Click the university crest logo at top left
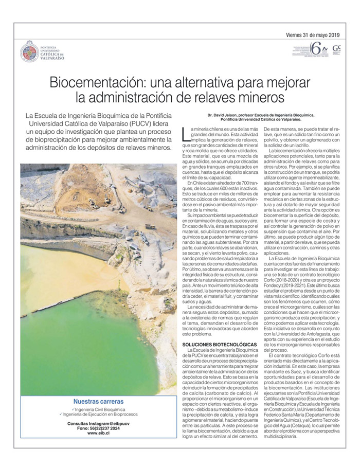click(29, 51)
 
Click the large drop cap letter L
click(186, 134)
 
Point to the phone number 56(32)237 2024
click(105, 428)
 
